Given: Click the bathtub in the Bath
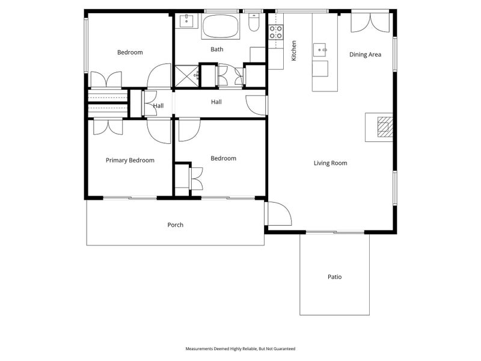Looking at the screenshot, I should coord(220,27).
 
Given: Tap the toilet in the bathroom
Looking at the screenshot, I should coord(254,23).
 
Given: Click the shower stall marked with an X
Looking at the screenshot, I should coord(186,76).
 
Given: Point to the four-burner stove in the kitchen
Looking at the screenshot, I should coord(276,32).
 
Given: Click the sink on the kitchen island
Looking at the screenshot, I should coord(320,48).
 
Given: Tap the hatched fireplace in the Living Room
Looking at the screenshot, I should coord(384,127).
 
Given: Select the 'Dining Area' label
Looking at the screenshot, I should coord(366,55).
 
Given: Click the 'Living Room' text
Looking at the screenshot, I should coord(330,163).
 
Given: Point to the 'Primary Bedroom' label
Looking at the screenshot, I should coord(130,160).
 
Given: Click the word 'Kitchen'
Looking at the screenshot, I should coord(294,51).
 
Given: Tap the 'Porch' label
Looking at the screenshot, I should coord(175,225).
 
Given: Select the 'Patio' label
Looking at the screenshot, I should coord(334,277).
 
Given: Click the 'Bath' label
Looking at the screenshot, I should coord(216,49).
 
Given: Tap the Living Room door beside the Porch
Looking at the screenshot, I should coord(278,214).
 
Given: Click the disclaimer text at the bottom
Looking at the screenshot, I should coord(240,348).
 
